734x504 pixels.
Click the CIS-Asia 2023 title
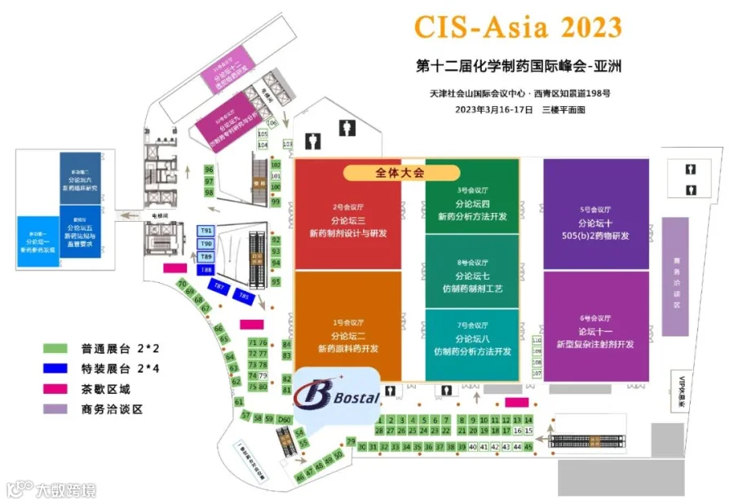[518, 27]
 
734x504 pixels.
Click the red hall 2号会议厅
[348, 220]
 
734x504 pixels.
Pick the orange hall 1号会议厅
[348, 334]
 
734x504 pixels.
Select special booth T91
[206, 232]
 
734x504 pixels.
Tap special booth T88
[206, 269]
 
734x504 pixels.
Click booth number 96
[209, 170]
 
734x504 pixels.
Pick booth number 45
[528, 447]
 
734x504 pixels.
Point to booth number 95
[276, 281]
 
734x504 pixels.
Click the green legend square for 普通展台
[55, 348]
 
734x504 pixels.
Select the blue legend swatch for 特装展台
[55, 369]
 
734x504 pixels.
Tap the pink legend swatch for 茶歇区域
[55, 389]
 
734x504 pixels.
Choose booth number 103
[287, 144]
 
